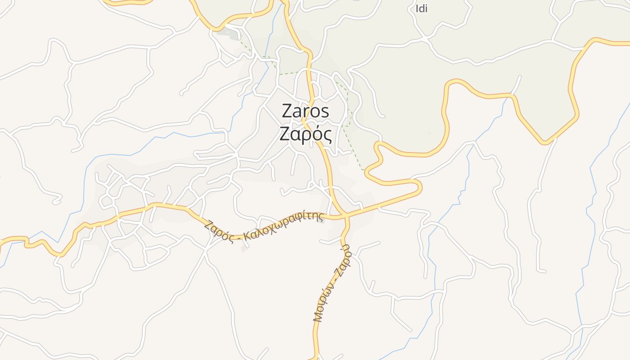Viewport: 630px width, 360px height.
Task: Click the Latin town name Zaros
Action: coord(306,111)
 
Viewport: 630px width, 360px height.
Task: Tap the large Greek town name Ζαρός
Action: coord(306,134)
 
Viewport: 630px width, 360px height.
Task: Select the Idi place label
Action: coord(421,9)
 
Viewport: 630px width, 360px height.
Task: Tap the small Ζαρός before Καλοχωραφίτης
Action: coord(218,231)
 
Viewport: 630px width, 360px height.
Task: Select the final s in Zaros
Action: coord(325,112)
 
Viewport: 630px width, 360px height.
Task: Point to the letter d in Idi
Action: coord(421,9)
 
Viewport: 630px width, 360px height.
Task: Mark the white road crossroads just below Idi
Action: coord(425,40)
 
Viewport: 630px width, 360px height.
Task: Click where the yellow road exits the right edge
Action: coord(629,43)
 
